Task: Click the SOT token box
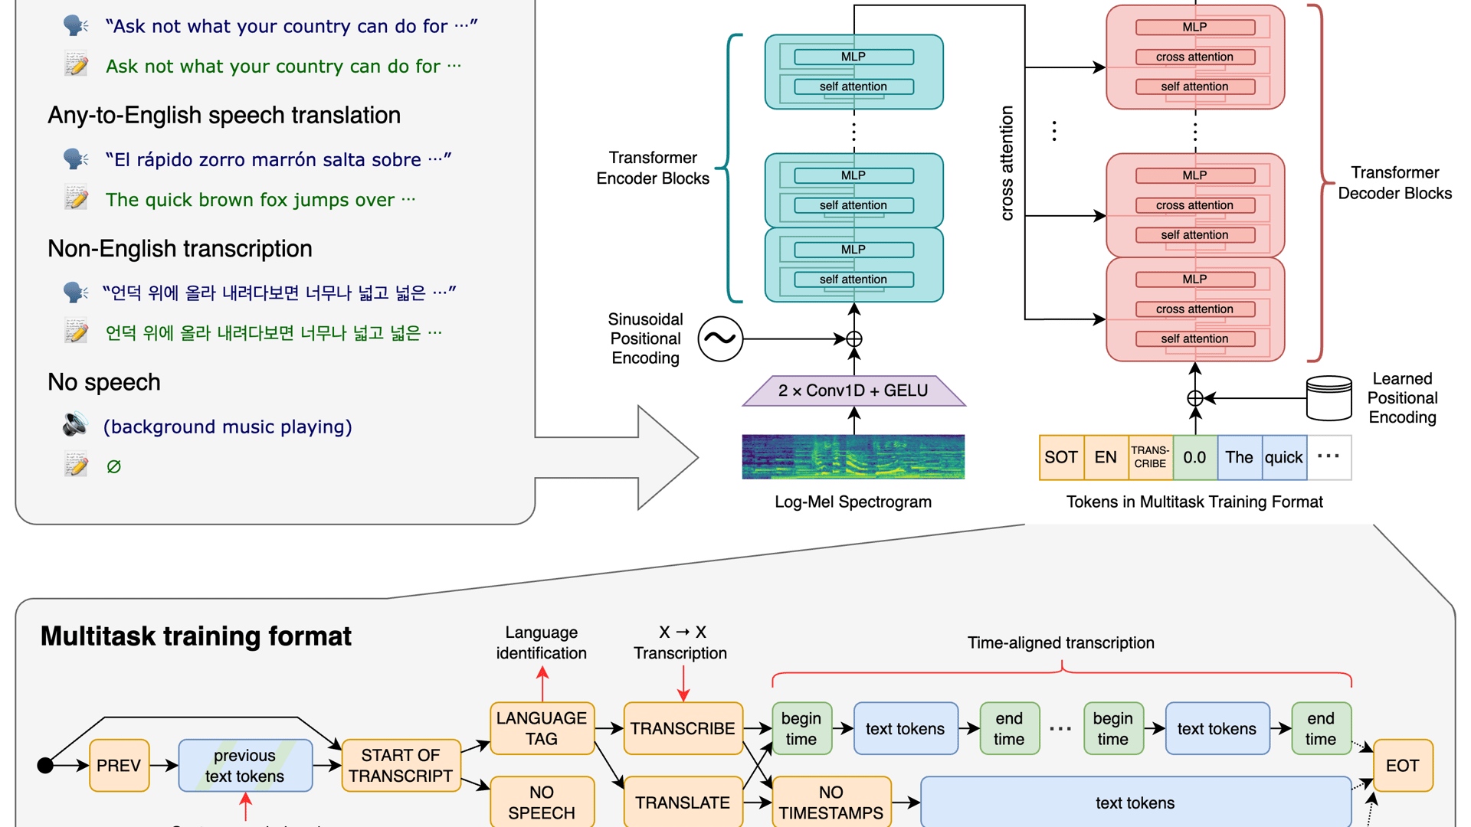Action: point(1061,457)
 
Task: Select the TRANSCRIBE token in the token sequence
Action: point(1150,457)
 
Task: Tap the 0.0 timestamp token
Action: point(1194,457)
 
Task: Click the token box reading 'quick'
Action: point(1283,457)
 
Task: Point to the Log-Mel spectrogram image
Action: point(853,456)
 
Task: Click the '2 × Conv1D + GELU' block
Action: point(853,391)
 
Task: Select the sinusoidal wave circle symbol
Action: point(720,338)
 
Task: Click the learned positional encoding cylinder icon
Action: point(1328,397)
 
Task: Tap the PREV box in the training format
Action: point(119,765)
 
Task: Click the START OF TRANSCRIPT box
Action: point(401,765)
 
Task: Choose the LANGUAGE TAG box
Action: point(542,728)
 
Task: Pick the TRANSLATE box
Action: point(683,802)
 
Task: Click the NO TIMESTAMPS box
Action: point(831,802)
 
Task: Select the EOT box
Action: point(1402,765)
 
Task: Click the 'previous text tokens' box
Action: point(245,765)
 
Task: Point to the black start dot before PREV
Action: point(45,765)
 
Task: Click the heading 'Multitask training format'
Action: point(196,636)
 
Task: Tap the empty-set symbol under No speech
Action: point(113,466)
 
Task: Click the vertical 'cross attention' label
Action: point(1007,163)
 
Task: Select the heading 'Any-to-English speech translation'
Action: point(224,115)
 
